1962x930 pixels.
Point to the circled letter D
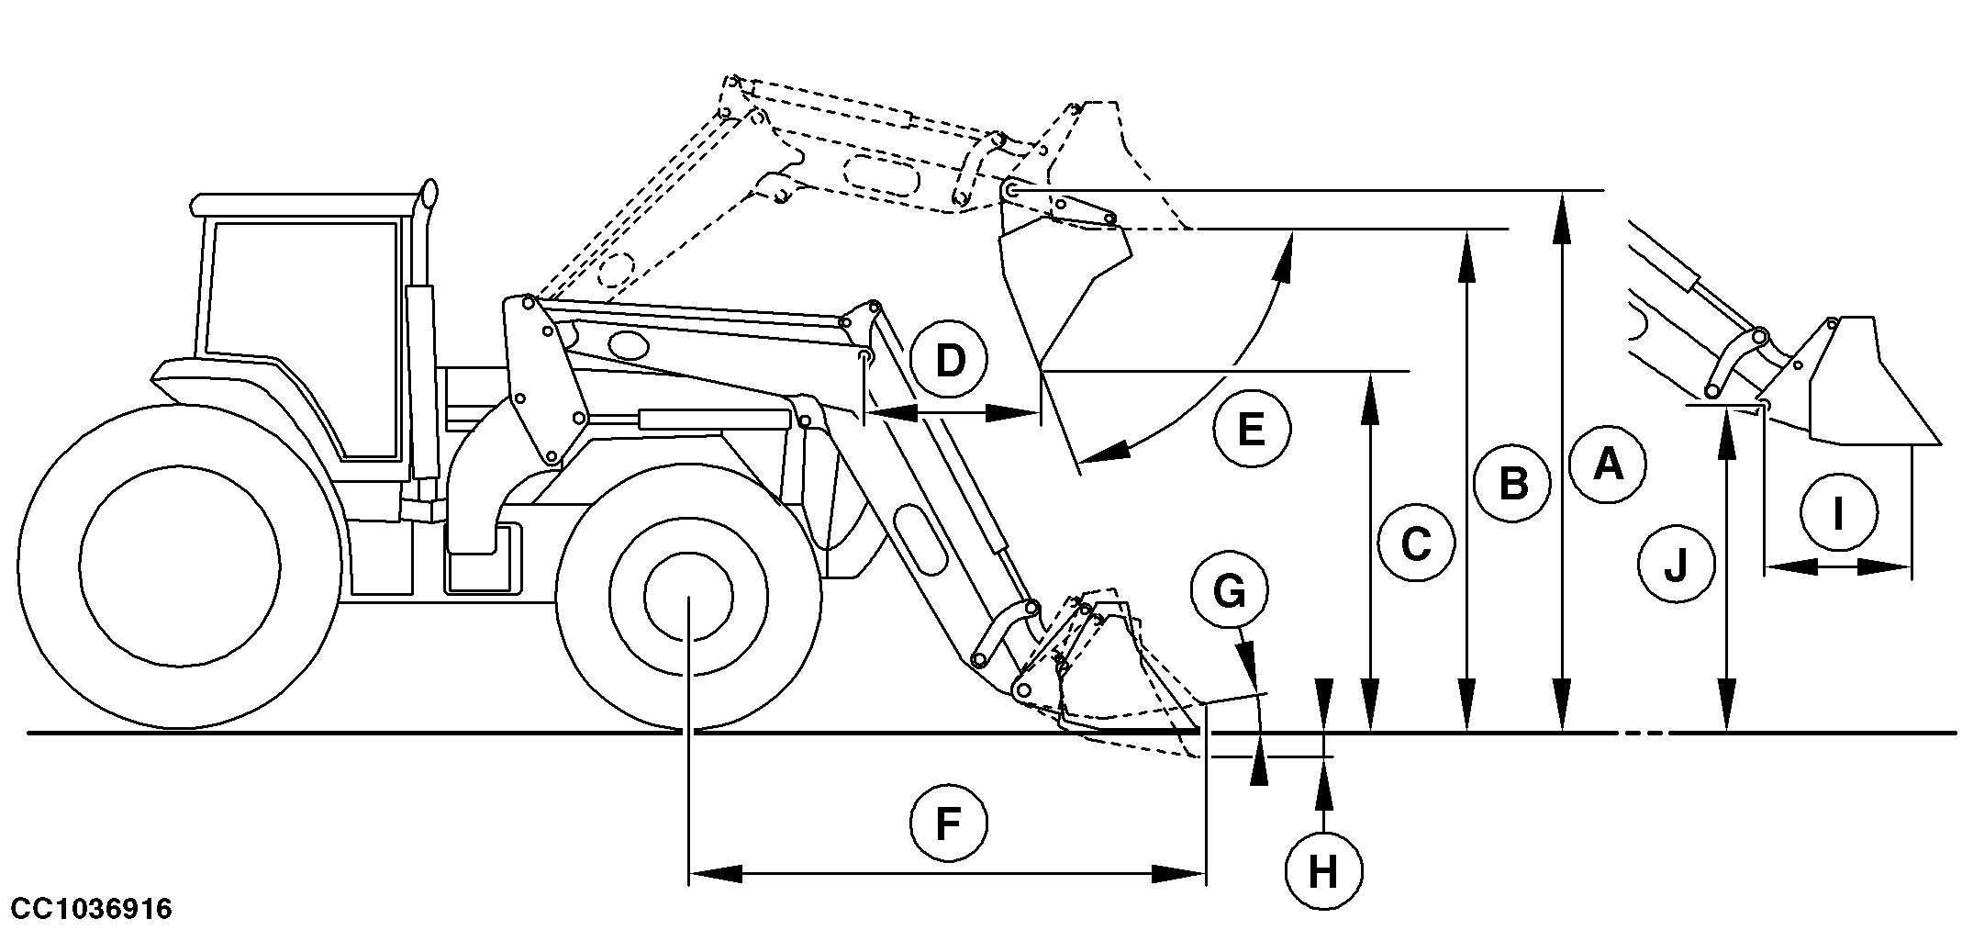tap(950, 361)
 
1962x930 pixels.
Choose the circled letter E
tap(1251, 428)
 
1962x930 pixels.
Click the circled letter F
tap(948, 824)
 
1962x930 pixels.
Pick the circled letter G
tap(1229, 592)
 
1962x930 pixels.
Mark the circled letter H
tap(1322, 871)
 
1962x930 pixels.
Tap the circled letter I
tap(1837, 513)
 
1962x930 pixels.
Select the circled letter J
tap(1676, 565)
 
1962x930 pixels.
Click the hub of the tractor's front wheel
tap(688, 597)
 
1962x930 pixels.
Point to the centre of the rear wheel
tap(179, 567)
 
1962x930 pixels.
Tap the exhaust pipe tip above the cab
tap(427, 194)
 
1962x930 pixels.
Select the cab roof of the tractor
tap(303, 203)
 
